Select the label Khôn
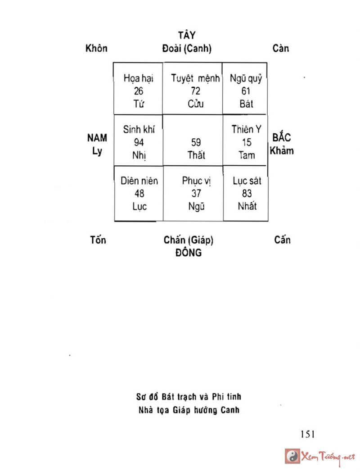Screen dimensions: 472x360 (97, 48)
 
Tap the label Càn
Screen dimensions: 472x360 (281, 48)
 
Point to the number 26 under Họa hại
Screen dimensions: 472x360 (139, 91)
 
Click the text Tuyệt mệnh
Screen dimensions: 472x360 (196, 78)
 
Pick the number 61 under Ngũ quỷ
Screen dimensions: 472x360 (246, 91)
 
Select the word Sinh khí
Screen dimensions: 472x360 (139, 130)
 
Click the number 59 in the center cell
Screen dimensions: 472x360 (196, 143)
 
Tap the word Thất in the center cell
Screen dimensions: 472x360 (196, 155)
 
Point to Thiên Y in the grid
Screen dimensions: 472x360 (246, 130)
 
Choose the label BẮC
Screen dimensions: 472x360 (282, 138)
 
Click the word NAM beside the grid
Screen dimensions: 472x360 (97, 138)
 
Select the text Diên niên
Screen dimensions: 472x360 (139, 181)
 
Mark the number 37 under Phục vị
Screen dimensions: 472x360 (196, 194)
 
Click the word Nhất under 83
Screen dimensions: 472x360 (247, 206)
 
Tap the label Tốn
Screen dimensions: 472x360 (98, 240)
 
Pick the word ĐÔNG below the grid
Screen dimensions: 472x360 (188, 253)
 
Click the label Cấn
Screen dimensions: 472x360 (282, 240)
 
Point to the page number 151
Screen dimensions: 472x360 (307, 434)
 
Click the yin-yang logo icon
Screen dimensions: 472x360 (292, 456)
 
